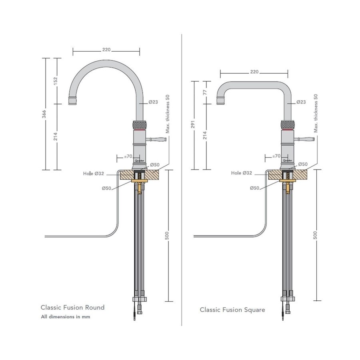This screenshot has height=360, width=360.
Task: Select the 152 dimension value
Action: [x=56, y=81]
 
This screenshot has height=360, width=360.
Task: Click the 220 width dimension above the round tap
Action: [x=106, y=50]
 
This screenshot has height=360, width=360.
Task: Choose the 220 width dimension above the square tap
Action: [x=254, y=72]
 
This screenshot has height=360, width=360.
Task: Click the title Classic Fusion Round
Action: [x=72, y=307]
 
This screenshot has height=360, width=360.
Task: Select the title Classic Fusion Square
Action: [x=232, y=310]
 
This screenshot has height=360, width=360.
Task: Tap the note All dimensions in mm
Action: [x=65, y=317]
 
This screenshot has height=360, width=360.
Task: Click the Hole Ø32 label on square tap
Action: [x=242, y=173]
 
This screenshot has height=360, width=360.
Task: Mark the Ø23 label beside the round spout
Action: [x=153, y=102]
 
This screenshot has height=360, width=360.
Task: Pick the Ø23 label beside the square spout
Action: [x=301, y=102]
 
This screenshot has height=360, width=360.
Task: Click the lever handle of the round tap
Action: [x=157, y=140]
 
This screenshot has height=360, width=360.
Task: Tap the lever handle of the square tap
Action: [x=305, y=140]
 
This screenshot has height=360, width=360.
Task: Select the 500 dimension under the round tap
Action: [x=167, y=236]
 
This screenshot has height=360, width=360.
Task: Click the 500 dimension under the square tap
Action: [x=316, y=236]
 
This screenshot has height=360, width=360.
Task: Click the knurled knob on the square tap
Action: [x=288, y=124]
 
